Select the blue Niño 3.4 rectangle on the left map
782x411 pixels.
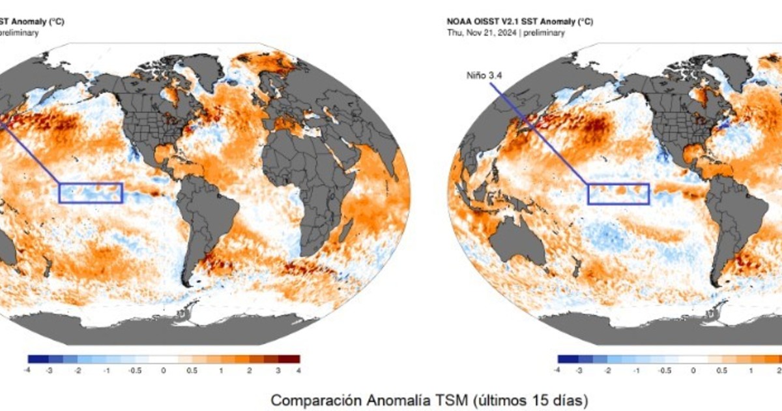coord(91,193)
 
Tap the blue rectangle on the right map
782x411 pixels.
coord(618,194)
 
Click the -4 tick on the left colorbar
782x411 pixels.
coord(28,370)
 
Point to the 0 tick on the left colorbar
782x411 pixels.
coord(164,370)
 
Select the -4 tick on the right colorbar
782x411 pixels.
coord(557,370)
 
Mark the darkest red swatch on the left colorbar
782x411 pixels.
coord(291,359)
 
